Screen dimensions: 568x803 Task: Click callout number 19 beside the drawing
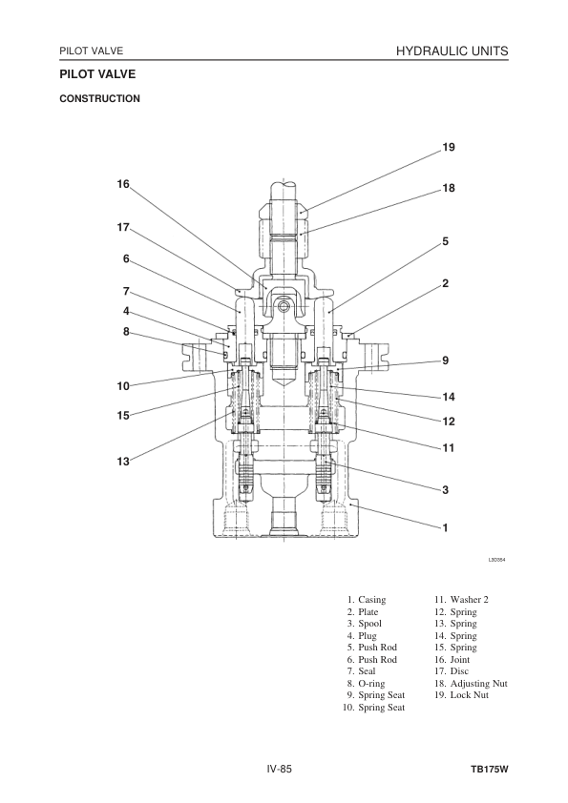coord(449,148)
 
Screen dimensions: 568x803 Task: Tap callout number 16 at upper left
coord(123,184)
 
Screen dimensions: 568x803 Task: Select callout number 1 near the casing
coord(446,527)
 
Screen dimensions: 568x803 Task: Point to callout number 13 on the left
coord(123,462)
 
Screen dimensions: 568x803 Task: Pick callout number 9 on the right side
coord(446,360)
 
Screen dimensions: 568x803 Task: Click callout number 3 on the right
coord(446,490)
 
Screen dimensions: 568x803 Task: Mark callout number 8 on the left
coord(126,332)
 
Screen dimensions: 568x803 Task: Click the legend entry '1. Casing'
coord(366,600)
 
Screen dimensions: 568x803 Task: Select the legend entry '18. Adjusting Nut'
coord(471,683)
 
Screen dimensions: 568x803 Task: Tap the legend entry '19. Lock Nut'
coord(461,695)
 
